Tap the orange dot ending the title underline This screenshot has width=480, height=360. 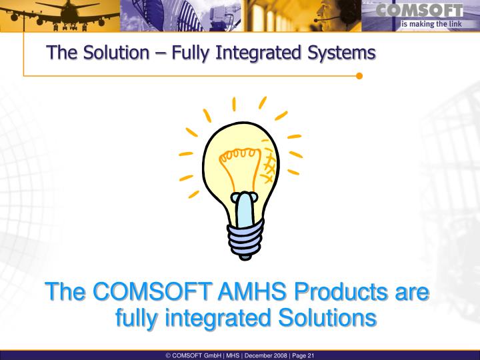[359, 75]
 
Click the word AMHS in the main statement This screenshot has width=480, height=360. [253, 292]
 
